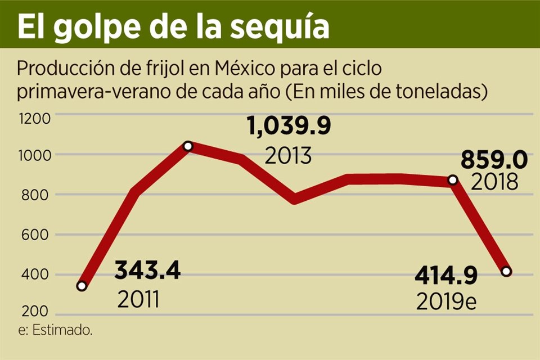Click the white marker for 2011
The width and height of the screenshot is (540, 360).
click(x=82, y=286)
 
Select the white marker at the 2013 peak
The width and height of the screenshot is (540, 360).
click(x=188, y=146)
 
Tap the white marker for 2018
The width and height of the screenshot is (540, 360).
click(x=452, y=180)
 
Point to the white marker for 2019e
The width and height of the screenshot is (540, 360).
click(x=506, y=272)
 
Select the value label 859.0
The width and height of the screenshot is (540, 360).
click(x=494, y=160)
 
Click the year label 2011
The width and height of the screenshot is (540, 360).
click(x=139, y=299)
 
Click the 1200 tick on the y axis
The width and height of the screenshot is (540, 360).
click(x=35, y=118)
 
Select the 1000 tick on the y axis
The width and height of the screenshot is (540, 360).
click(x=35, y=155)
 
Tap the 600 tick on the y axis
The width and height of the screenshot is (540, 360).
click(x=35, y=235)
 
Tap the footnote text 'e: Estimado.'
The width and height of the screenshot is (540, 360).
click(x=55, y=330)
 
